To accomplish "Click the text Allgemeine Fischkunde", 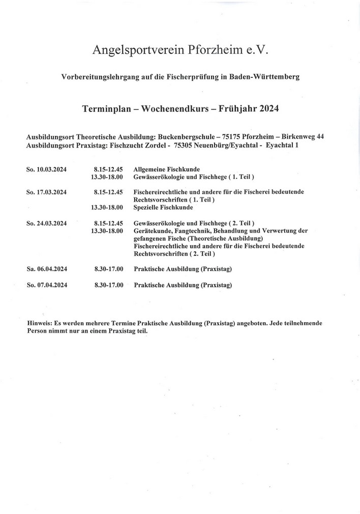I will tap(167, 169).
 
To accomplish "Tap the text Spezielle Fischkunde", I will tap(163, 208).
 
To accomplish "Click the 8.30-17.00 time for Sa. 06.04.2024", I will tap(109, 268).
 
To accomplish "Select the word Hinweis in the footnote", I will tap(39, 323).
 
